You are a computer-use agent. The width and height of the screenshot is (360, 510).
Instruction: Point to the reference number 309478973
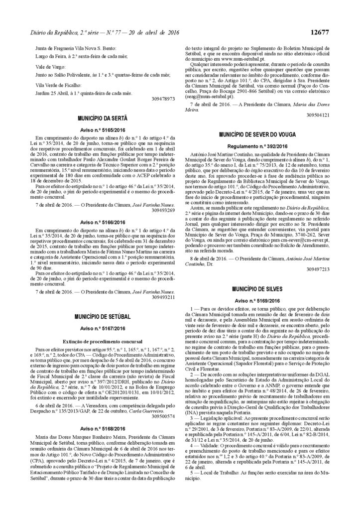(x=163, y=99)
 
